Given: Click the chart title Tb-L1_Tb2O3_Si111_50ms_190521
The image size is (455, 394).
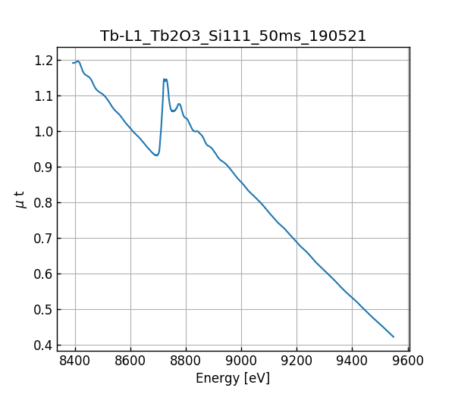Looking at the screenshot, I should tap(233, 36).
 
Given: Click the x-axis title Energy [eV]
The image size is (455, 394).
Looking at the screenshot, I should tap(233, 378).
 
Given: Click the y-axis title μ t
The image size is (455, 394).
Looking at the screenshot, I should tap(20, 199).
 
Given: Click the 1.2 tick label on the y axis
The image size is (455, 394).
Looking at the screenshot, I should tap(43, 61).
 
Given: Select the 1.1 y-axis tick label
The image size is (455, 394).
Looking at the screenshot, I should tap(43, 96).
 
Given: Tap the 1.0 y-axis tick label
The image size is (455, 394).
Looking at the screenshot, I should tap(43, 132).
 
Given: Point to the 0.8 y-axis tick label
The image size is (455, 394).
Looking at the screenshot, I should tap(43, 203).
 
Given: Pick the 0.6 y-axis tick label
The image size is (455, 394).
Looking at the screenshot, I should tap(43, 274).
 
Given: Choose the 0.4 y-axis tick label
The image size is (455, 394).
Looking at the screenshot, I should tap(43, 346).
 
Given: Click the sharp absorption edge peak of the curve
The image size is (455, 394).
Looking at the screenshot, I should tap(165, 79).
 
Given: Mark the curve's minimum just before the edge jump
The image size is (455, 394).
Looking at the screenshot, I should tap(156, 155).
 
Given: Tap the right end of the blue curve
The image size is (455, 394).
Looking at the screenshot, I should tap(394, 336).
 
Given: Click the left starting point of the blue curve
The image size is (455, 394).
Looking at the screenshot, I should tap(73, 63).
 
